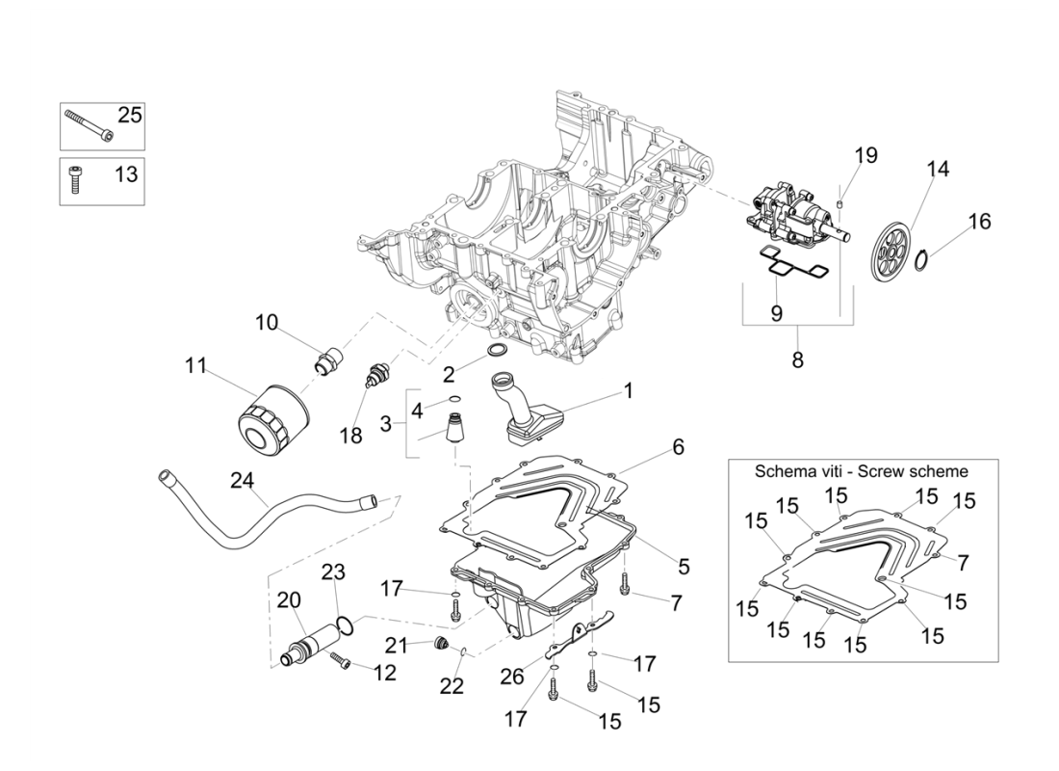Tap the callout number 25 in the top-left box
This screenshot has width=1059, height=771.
click(129, 116)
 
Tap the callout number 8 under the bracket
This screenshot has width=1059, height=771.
click(797, 360)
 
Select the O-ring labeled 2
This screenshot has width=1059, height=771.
click(500, 348)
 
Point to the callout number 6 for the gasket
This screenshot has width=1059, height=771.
click(678, 448)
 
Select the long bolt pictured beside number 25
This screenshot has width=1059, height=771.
click(88, 124)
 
